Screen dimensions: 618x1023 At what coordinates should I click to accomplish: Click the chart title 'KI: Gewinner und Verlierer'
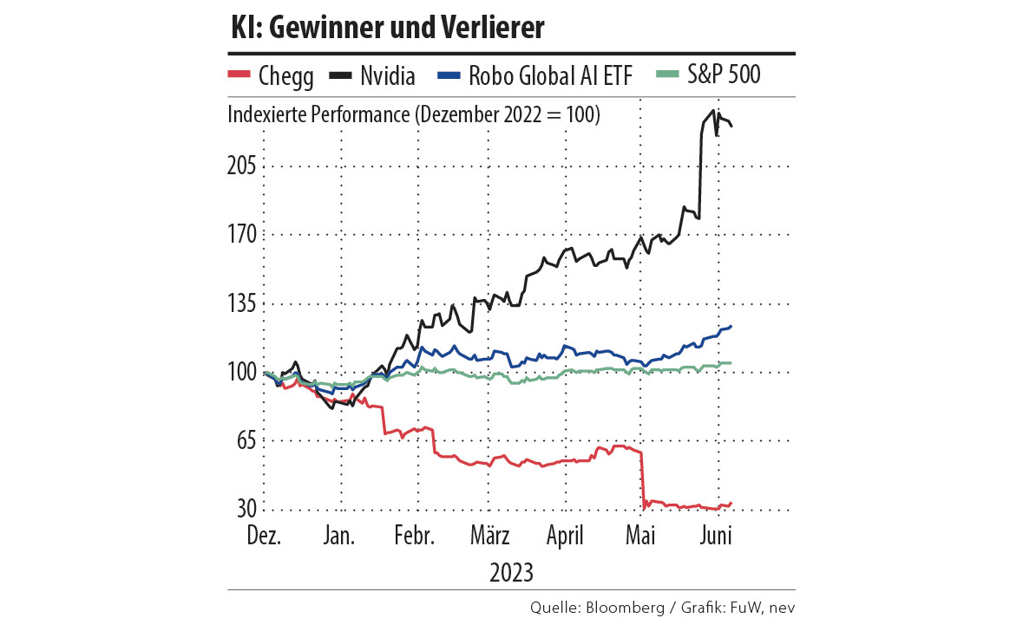(x=386, y=28)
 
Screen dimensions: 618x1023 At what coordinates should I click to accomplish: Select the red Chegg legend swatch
(x=239, y=75)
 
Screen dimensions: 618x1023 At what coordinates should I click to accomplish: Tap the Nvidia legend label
(x=388, y=75)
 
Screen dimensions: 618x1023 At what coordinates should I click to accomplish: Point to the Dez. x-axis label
(x=264, y=537)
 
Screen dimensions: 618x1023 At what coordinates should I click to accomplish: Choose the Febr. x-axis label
(x=414, y=537)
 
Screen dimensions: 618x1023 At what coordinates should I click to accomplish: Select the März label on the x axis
(x=491, y=537)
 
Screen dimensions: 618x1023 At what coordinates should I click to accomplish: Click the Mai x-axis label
(x=640, y=537)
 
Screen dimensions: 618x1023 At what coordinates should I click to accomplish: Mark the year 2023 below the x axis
(x=511, y=573)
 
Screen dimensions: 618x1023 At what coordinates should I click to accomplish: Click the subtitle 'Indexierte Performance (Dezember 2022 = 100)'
(x=414, y=114)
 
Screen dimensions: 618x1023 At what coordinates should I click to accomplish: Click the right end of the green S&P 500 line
(x=731, y=363)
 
